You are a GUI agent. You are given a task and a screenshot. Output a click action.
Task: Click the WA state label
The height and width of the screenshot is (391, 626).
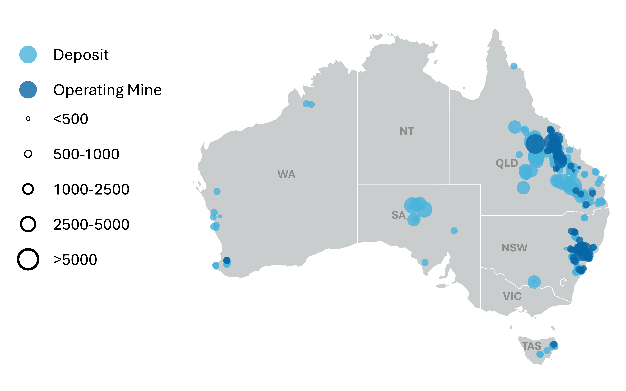click(286, 174)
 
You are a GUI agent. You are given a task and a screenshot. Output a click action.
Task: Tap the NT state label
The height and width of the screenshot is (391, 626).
click(407, 131)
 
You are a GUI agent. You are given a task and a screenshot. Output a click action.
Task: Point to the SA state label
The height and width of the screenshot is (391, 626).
click(398, 215)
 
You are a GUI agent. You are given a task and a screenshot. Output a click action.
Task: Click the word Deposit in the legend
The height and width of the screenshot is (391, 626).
click(81, 55)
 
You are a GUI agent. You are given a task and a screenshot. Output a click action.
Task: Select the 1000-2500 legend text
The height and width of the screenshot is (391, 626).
click(91, 189)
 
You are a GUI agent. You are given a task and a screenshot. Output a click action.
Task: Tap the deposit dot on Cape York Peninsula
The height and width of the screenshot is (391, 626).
click(514, 66)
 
